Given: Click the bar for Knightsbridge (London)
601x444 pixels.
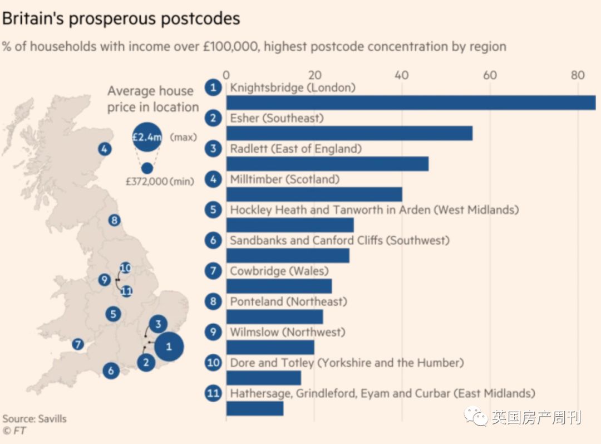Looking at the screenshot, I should [411, 103].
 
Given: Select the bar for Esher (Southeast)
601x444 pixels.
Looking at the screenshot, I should [349, 133].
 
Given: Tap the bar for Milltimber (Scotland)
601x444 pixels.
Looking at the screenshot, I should [314, 194].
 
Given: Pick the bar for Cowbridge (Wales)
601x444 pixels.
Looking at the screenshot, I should [279, 286].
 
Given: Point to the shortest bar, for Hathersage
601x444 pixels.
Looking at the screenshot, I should [254, 408].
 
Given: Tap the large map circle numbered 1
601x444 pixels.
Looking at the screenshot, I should [169, 347].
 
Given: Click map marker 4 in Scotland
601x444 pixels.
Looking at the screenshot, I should [104, 149].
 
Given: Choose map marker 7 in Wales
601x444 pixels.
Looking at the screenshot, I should [78, 344].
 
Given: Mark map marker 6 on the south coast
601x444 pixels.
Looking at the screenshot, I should [111, 370].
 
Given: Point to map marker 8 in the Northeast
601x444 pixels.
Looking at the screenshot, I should [115, 220].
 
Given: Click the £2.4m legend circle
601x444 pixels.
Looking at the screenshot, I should [147, 137].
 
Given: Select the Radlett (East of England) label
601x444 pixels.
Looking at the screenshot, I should [295, 149].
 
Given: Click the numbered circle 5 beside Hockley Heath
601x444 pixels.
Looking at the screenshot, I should [213, 209].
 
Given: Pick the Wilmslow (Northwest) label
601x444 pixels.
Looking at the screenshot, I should [287, 332].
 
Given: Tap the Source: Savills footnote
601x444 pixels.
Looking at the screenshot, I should [35, 418].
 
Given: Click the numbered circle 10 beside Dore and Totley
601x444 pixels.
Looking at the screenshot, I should [213, 363].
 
